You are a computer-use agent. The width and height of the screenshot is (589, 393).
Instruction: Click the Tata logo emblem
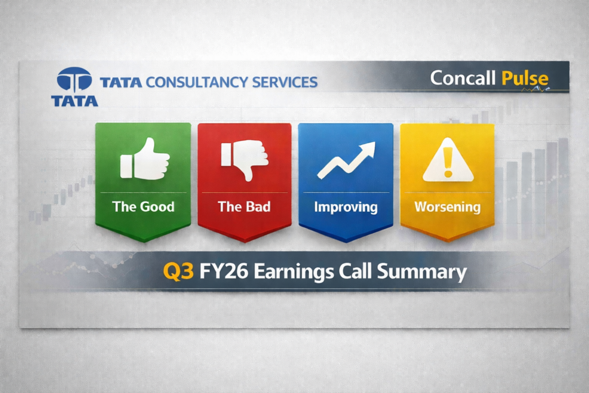coord(74,80)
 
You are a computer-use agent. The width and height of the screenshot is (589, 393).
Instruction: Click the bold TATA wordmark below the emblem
coord(74,101)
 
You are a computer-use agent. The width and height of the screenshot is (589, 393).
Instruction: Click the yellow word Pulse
coord(525,78)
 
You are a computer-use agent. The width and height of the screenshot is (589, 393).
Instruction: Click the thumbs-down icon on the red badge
coord(244,159)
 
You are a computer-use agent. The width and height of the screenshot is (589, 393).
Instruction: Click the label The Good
coord(143,207)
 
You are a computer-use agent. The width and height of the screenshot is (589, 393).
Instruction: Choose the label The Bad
coord(244,207)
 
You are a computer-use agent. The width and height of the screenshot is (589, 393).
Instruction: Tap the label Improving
coord(346,207)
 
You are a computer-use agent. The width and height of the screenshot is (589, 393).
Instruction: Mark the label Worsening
coord(448,207)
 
